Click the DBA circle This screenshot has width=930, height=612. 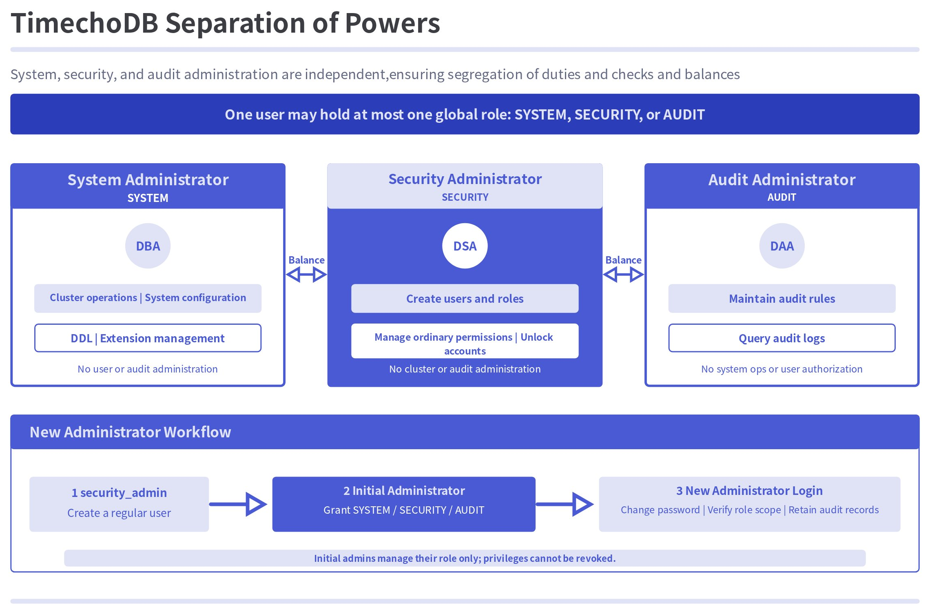[x=148, y=246]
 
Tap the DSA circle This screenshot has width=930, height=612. [x=465, y=246]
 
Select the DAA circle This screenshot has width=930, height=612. [x=782, y=246]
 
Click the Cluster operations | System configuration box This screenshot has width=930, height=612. [x=148, y=298]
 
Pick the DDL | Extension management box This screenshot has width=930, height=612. [x=148, y=338]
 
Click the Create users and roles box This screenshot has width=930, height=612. [x=465, y=298]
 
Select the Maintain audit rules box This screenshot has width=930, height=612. [x=782, y=298]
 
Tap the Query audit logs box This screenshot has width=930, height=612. [x=782, y=338]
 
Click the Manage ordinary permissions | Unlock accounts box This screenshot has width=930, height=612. [x=465, y=341]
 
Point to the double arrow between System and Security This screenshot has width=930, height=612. [x=306, y=275]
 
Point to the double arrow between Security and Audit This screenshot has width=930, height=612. [x=623, y=275]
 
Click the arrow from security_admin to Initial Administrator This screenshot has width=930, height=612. [x=238, y=504]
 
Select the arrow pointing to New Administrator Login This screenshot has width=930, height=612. [x=565, y=504]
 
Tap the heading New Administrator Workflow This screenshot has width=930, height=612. [x=130, y=432]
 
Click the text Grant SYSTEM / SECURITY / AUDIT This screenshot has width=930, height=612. [x=404, y=510]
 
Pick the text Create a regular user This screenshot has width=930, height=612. [x=119, y=513]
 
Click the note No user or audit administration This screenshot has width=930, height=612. [x=148, y=369]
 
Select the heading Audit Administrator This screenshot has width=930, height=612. [x=782, y=180]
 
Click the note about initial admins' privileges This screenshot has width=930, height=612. [x=465, y=558]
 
